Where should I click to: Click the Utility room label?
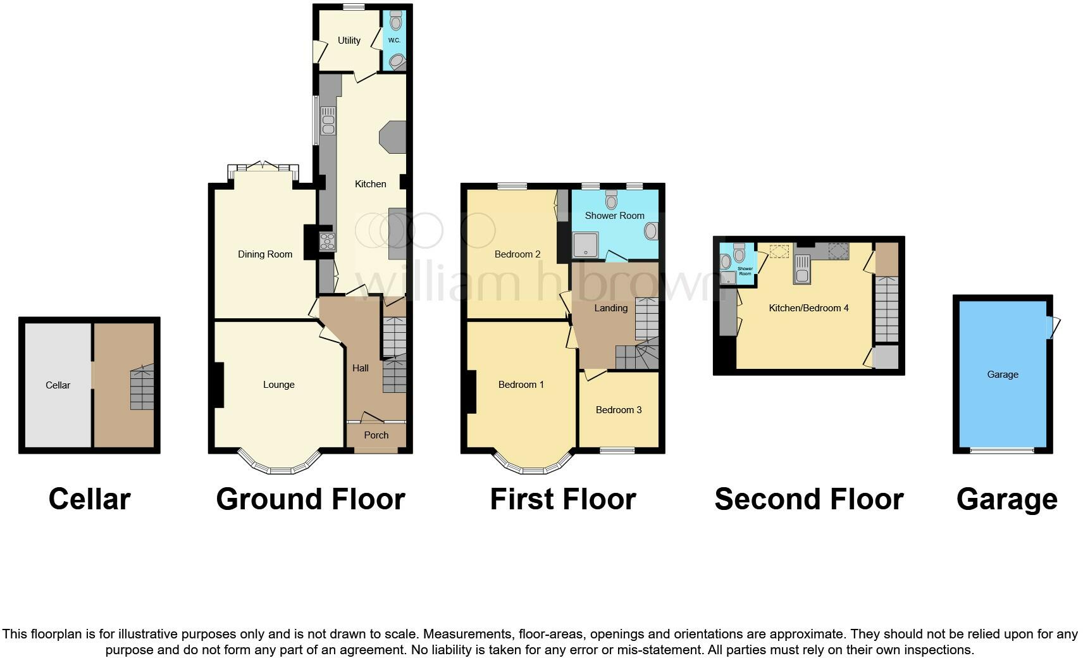pyautogui.click(x=349, y=40)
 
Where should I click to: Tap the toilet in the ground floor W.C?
pyautogui.click(x=396, y=23)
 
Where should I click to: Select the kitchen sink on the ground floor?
pyautogui.click(x=328, y=121)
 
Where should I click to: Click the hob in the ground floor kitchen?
pyautogui.click(x=328, y=241)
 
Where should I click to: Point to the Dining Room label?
pyautogui.click(x=265, y=254)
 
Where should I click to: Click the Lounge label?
pyautogui.click(x=279, y=385)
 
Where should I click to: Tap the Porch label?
pyautogui.click(x=376, y=435)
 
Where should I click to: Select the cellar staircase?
pyautogui.click(x=142, y=387)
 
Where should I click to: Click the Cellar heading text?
pyautogui.click(x=89, y=499)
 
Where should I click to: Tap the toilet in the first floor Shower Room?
pyautogui.click(x=611, y=200)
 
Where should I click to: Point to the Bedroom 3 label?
pyautogui.click(x=619, y=410)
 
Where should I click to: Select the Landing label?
pyautogui.click(x=610, y=308)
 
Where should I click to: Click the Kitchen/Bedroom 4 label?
pyautogui.click(x=808, y=308)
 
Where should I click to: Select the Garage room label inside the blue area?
pyautogui.click(x=1003, y=375)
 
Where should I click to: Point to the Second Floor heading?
pyautogui.click(x=808, y=499)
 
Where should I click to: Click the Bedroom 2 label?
pyautogui.click(x=517, y=254)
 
